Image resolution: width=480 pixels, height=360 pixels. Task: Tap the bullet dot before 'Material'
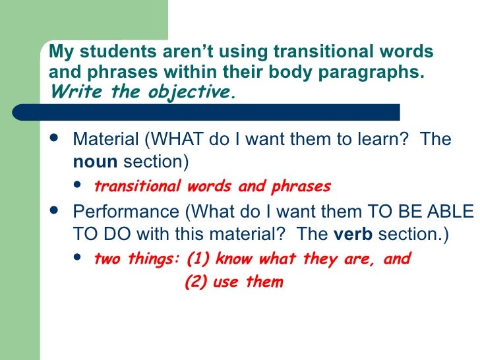pos(53,140)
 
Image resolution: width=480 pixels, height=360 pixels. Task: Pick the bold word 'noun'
pos(96,162)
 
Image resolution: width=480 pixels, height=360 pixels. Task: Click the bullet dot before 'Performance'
pos(53,213)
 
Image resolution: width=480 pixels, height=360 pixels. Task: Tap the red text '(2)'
pos(195,282)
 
